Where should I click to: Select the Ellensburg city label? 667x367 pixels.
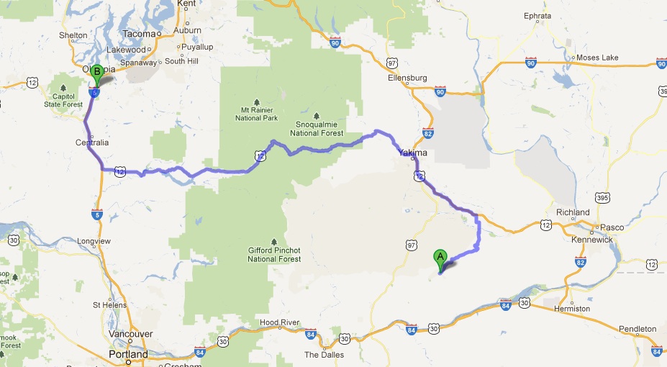point(408,78)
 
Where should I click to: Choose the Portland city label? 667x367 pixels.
point(128,355)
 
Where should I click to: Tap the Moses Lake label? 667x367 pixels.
point(593,58)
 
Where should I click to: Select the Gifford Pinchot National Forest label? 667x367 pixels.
point(273,255)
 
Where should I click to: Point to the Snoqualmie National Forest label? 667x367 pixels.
point(317,129)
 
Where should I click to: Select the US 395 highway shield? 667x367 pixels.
point(603,196)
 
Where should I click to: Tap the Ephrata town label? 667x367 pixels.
point(537,15)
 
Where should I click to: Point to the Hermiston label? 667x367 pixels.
point(572,309)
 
